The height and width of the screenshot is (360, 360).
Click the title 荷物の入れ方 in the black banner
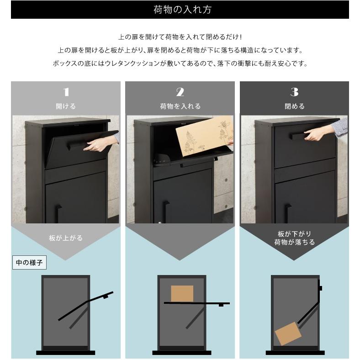pyautogui.click(x=182, y=10)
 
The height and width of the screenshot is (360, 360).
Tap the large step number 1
pyautogui.click(x=66, y=92)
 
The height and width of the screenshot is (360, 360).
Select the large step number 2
pyautogui.click(x=180, y=92)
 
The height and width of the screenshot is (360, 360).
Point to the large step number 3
pyautogui.click(x=294, y=92)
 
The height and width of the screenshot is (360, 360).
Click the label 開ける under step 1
pyautogui.click(x=66, y=106)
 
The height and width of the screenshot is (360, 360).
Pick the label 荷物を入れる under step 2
pyautogui.click(x=180, y=106)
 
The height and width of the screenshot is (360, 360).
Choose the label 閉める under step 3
pyautogui.click(x=295, y=106)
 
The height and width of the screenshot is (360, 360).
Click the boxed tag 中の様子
pyautogui.click(x=29, y=262)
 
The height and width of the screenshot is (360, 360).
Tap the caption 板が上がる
pyautogui.click(x=66, y=238)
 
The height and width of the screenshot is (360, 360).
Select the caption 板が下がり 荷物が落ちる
pyautogui.click(x=295, y=238)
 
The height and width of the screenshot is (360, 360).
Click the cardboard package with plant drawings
pyautogui.click(x=204, y=136)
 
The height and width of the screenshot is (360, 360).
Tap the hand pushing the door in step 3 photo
pyautogui.click(x=318, y=134)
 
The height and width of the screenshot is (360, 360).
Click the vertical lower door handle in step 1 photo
pyautogui.click(x=58, y=213)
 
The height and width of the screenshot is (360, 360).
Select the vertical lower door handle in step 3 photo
pyautogui.click(x=287, y=213)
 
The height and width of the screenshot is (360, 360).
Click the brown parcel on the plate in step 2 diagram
pyautogui.click(x=182, y=294)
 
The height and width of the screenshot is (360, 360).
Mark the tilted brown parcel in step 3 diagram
pyautogui.click(x=288, y=334)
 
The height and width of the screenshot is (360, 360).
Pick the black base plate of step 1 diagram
pyautogui.click(x=66, y=353)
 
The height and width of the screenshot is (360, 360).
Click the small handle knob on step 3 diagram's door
pyautogui.click(x=321, y=288)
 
